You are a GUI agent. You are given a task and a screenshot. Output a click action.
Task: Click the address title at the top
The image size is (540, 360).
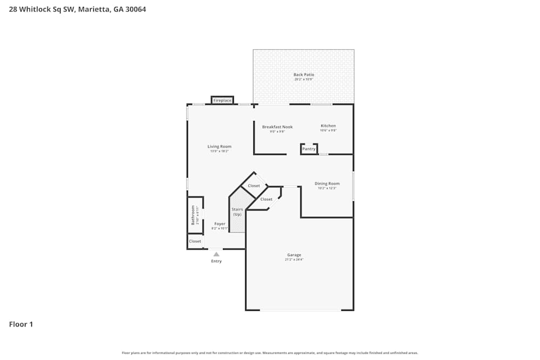[x=77, y=9]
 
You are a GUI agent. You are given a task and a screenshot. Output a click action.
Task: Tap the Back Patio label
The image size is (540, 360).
[x=303, y=74]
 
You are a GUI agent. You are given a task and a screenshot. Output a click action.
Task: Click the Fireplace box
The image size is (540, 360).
[x=222, y=100]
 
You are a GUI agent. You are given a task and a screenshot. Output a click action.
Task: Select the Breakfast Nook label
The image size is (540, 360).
[x=277, y=127]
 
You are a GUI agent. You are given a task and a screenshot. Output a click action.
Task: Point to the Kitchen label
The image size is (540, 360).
[x=328, y=126]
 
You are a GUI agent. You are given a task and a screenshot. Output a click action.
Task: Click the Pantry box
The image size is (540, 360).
[x=309, y=149]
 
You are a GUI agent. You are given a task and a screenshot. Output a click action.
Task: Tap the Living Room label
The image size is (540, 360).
[x=219, y=146]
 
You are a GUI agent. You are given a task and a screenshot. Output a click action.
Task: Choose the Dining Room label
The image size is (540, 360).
[x=327, y=184]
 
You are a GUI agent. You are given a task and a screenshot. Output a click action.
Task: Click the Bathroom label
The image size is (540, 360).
[x=192, y=215]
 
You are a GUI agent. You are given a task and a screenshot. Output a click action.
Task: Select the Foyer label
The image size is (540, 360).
[x=219, y=223]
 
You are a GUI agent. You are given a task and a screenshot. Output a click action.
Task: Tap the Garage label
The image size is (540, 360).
[x=294, y=255]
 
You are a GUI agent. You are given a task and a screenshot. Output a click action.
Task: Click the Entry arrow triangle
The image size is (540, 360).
[x=216, y=254]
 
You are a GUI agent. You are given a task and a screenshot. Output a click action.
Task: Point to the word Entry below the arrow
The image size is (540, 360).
[x=216, y=261]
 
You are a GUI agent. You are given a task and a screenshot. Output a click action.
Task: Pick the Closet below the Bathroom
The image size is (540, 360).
[x=195, y=241]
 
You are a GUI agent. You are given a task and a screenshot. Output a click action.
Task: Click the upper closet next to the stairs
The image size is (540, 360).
[x=254, y=186]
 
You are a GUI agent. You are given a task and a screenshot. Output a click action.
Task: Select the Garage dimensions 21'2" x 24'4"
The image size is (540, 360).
[x=294, y=260]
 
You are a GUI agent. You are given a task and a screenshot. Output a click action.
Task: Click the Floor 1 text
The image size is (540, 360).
[x=21, y=324]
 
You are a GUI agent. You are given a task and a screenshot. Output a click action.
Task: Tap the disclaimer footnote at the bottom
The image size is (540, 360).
[x=270, y=353]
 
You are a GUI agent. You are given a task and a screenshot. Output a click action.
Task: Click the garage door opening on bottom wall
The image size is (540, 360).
[x=300, y=310]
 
